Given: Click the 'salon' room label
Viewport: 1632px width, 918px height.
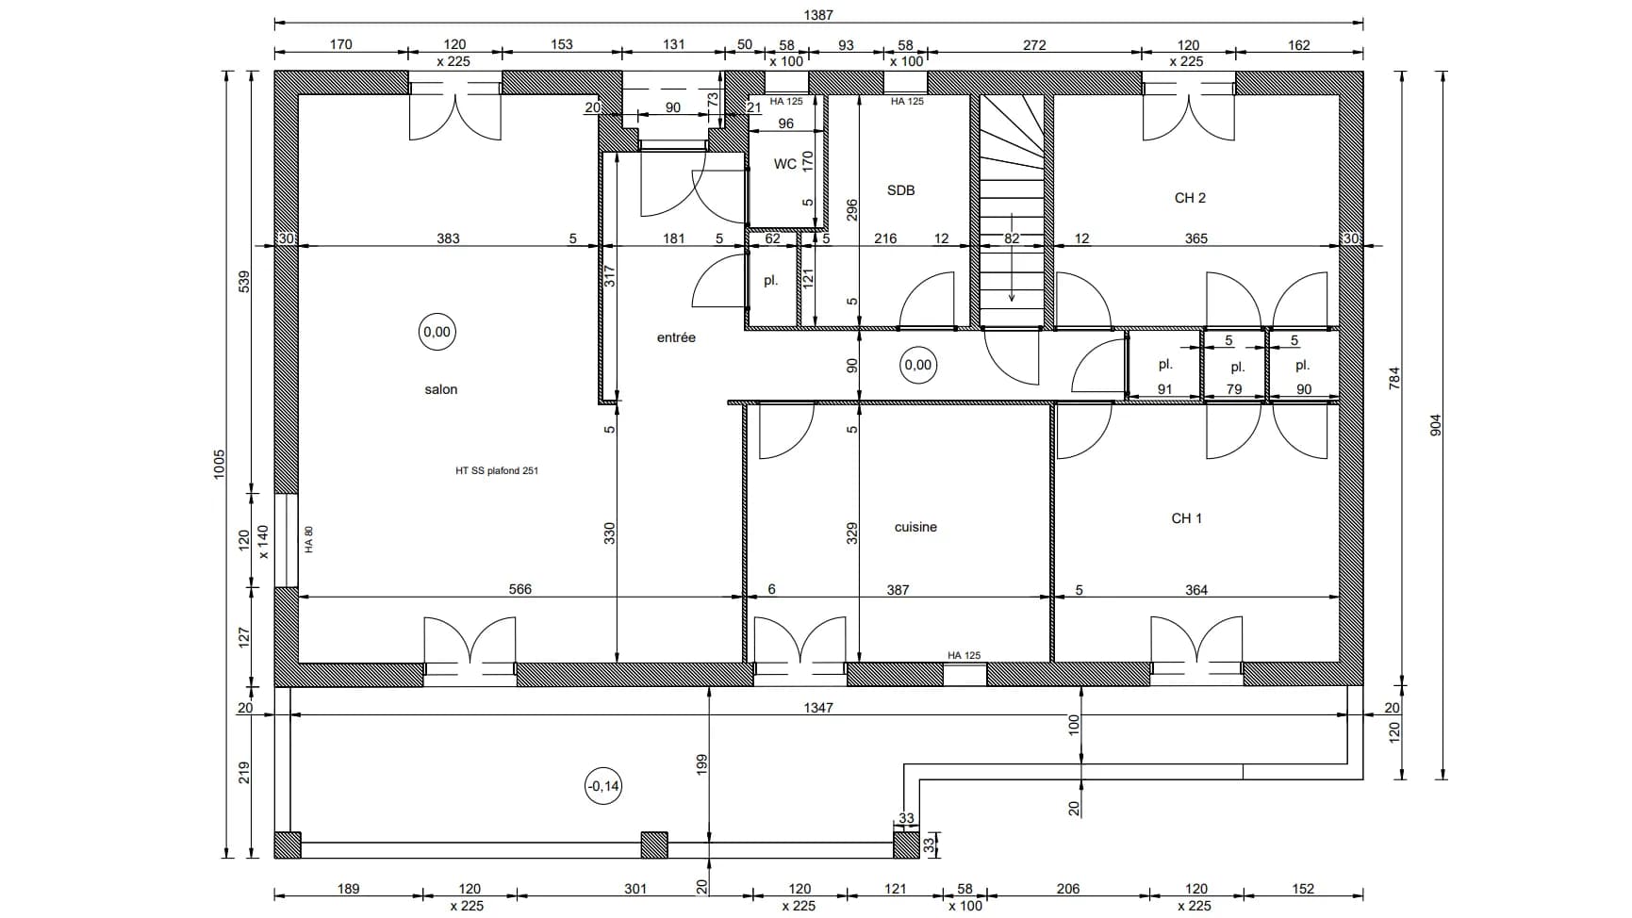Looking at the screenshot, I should coord(440,389).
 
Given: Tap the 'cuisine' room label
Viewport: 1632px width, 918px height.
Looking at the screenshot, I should coord(915,527).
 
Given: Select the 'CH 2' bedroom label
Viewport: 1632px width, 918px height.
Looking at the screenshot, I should coord(1190,198).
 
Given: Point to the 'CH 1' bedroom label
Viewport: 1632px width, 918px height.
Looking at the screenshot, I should coord(1186,518).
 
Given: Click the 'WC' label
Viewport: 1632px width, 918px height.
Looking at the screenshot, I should coord(784,164).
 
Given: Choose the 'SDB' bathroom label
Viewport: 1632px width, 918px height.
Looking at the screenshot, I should coord(900,190).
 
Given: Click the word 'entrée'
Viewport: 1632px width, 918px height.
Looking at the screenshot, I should coord(676,337).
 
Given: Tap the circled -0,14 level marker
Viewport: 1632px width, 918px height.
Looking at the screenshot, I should coord(603,786).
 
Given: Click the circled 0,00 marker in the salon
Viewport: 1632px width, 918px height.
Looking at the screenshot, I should coord(437,333).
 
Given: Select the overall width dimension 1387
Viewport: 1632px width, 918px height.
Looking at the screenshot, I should coord(818,15).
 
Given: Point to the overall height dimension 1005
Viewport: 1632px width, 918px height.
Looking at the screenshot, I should coord(220,464).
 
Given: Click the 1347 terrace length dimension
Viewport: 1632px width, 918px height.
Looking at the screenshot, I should coord(818,707).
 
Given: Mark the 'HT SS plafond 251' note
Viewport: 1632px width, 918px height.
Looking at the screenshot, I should coord(496,471).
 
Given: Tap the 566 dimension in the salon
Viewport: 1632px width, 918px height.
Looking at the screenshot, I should coord(519,589).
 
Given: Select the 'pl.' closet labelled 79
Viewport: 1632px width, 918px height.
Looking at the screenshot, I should coord(1237,368).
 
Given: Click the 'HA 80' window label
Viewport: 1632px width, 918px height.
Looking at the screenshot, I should coord(309,539).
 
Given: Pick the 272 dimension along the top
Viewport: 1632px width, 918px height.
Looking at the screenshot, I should coord(1034,44).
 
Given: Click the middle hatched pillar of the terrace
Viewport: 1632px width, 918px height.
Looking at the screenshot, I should coord(653,844).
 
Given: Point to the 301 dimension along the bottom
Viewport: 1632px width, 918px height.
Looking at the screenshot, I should coord(635,888).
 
